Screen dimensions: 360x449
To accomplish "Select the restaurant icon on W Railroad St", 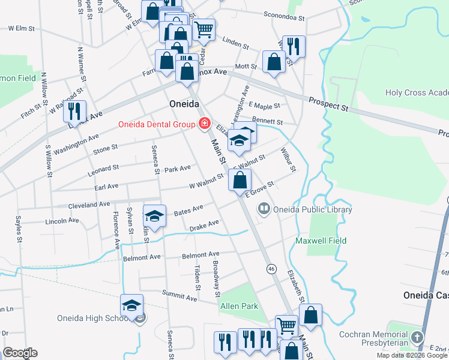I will click(x=75, y=111).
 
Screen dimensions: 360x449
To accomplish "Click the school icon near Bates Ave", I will click(x=154, y=216).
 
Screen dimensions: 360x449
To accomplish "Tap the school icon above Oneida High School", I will click(x=132, y=305).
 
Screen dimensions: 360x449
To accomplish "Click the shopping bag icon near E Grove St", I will click(x=240, y=179).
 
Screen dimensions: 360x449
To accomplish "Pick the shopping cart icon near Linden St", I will click(x=203, y=28).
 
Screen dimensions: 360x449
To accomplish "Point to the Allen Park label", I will click(x=240, y=306).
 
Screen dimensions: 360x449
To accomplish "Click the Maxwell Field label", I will click(x=321, y=241).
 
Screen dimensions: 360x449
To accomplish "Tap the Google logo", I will click(x=19, y=353).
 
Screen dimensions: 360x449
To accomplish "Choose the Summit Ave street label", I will click(x=179, y=295).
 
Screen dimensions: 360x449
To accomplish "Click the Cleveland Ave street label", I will click(x=89, y=205).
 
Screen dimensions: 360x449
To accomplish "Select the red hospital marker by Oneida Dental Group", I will click(x=205, y=124).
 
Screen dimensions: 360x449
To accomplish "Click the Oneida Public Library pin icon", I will click(x=264, y=209).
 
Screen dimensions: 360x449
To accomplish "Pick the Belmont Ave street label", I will click(x=142, y=257).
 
